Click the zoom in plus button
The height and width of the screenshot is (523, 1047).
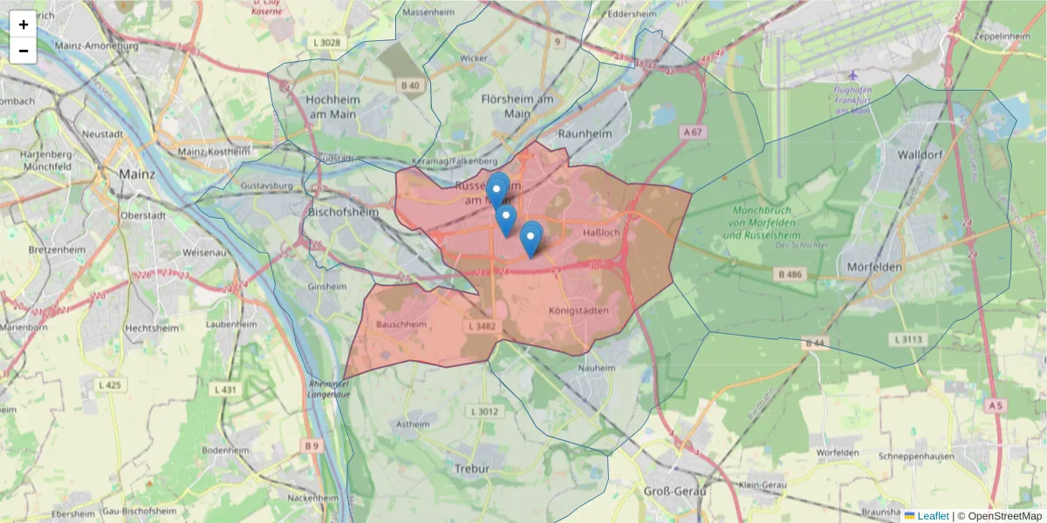(x=24, y=24)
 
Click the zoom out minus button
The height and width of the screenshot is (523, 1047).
(x=24, y=51)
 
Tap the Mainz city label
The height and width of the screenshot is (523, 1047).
(x=137, y=173)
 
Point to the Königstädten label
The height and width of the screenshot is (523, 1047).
(x=578, y=310)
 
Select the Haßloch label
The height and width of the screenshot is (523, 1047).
(x=600, y=233)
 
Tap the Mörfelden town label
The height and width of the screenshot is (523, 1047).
(x=874, y=267)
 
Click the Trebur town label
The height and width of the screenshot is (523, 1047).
(x=473, y=468)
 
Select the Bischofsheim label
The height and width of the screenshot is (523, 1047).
(x=344, y=211)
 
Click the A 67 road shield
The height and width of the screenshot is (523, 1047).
(x=693, y=132)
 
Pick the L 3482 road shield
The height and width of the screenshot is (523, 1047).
(x=482, y=326)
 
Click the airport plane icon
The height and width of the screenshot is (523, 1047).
(x=853, y=75)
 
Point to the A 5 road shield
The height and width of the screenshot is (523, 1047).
(x=996, y=406)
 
